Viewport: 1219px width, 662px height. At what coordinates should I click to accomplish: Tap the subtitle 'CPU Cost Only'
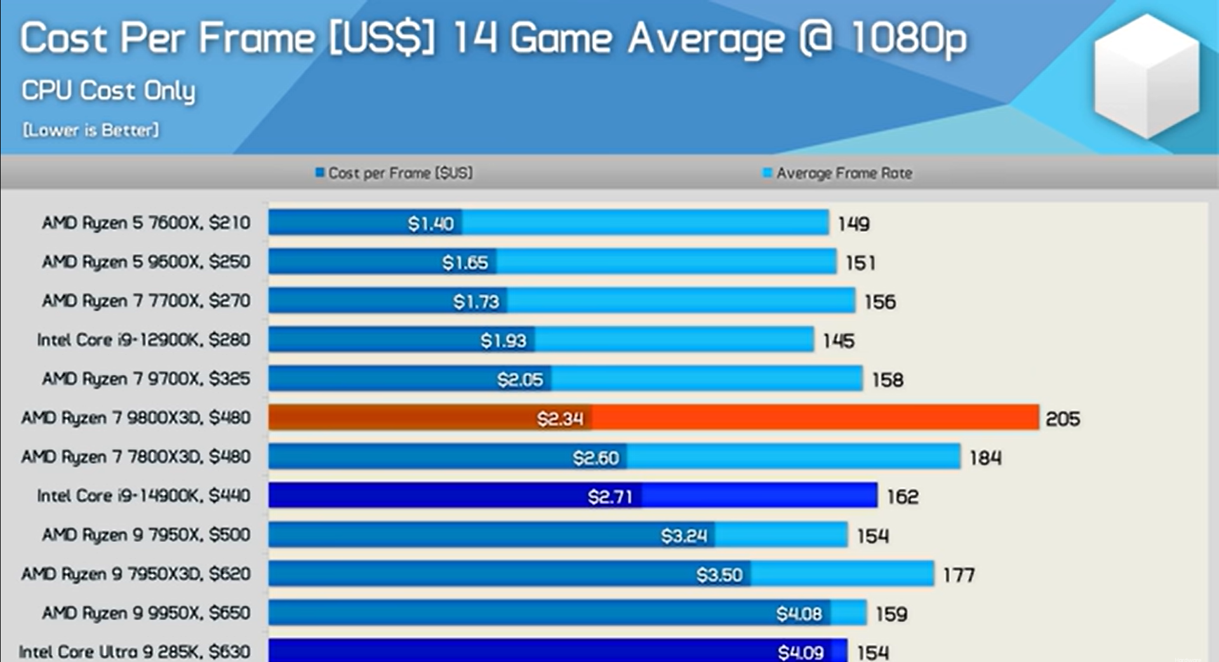109,91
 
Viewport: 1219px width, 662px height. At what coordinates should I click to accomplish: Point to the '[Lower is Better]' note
91,130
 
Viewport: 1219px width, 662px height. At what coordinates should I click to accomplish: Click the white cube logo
1147,76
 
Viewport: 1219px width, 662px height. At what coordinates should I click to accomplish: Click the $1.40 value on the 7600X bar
430,224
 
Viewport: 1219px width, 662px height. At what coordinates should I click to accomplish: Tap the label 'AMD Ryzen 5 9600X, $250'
146,262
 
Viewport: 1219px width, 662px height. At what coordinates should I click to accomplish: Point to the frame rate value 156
880,302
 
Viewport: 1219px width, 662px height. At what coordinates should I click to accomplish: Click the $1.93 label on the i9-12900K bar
503,341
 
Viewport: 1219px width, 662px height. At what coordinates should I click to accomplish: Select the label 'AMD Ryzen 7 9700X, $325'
146,379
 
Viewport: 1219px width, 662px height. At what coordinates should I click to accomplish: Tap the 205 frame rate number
1062,419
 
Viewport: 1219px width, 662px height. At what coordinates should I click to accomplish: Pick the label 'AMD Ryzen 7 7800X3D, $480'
136,457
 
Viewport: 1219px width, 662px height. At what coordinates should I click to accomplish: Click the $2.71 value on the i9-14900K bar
609,497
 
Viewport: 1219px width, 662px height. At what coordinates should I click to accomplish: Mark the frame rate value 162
902,497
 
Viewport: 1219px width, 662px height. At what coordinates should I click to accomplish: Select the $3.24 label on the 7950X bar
684,536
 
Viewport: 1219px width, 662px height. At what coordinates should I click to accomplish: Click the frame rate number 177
958,576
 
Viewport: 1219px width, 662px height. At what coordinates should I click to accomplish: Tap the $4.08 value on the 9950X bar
799,614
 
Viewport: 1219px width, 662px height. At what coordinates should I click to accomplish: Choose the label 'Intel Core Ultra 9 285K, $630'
135,652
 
